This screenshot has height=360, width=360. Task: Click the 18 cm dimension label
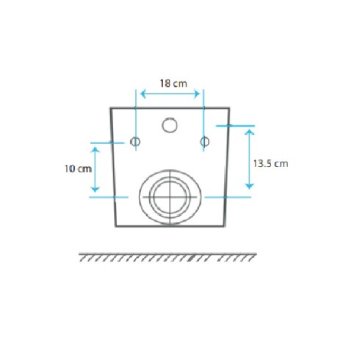(x=173, y=84)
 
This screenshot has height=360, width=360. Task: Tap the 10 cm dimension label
(x=78, y=169)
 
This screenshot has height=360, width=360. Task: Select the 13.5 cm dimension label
(x=270, y=164)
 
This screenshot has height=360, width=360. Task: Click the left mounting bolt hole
(x=135, y=142)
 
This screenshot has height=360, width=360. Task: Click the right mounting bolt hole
(x=205, y=142)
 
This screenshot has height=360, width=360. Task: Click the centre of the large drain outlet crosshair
(x=170, y=197)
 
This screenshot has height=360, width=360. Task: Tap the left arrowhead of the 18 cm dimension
(x=143, y=94)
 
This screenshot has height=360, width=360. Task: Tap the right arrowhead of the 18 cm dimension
(x=197, y=94)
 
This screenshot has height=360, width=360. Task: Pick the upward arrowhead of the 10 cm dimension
(x=95, y=150)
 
